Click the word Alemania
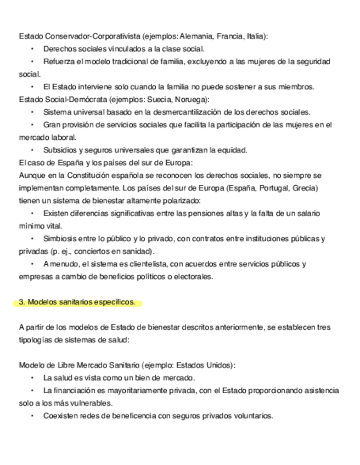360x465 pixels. (196, 36)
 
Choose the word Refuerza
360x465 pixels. (59, 61)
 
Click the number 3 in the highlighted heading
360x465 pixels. (20, 302)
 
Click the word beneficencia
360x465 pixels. (130, 415)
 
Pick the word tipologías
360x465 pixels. (36, 339)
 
